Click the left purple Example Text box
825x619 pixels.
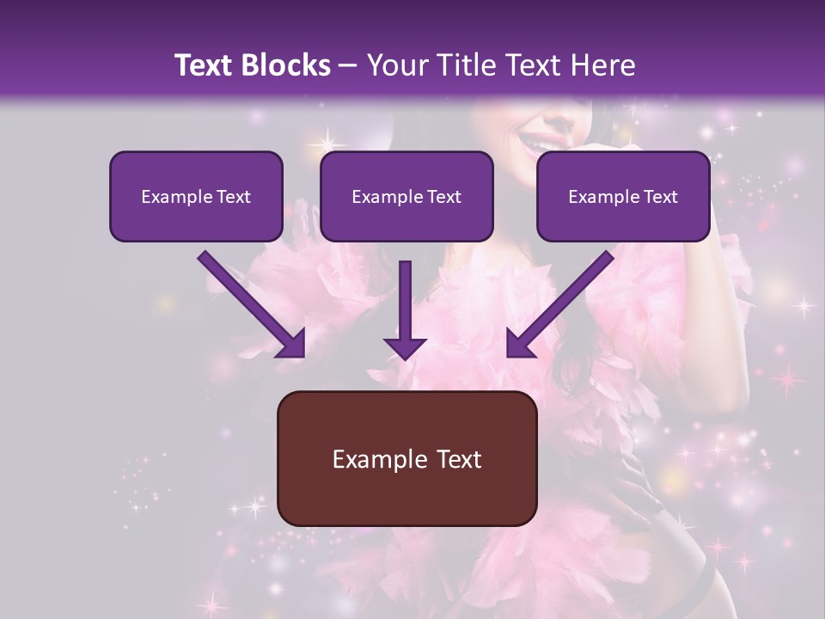(196, 196)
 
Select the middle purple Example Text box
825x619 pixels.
(406, 196)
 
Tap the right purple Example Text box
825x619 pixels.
(623, 196)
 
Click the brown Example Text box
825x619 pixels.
(406, 458)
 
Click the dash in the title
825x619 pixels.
(348, 66)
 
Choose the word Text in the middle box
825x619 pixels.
(443, 196)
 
